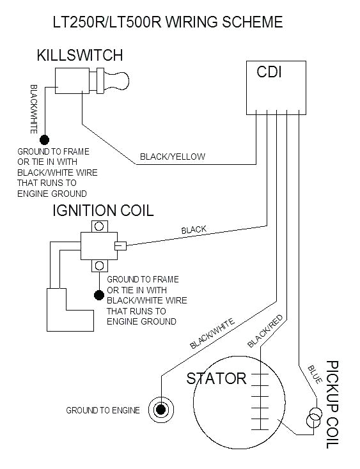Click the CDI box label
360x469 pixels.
(x=269, y=72)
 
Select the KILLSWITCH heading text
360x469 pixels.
(x=80, y=56)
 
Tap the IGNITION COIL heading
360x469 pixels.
(x=103, y=211)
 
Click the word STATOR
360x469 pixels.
(x=216, y=378)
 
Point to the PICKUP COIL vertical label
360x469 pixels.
(x=332, y=404)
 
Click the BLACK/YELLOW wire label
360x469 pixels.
(x=173, y=157)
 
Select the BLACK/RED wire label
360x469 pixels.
(x=265, y=331)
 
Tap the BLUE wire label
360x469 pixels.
(x=315, y=374)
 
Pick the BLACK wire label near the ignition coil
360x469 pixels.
(x=194, y=230)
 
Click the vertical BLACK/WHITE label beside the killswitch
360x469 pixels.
(x=34, y=109)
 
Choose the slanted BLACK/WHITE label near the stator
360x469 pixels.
(x=212, y=334)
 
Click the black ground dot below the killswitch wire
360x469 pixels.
(x=45, y=140)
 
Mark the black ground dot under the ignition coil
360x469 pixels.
(x=99, y=295)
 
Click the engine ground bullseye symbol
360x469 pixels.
(x=161, y=410)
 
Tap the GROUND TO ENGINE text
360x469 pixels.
(x=103, y=410)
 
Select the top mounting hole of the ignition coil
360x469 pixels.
(x=99, y=226)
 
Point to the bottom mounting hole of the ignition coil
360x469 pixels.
(x=99, y=266)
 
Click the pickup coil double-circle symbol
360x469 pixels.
(x=314, y=417)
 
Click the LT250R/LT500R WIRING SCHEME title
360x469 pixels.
(x=168, y=22)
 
